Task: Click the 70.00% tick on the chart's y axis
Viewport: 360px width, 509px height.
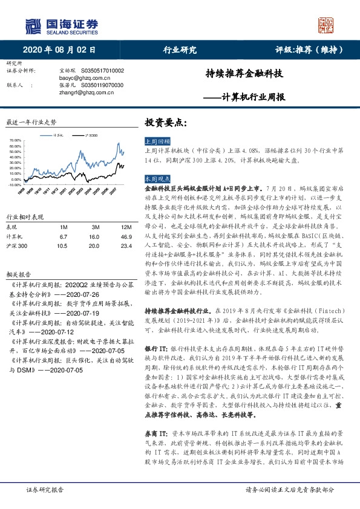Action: click(x=16, y=141)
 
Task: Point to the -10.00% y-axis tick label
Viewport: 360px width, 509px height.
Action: click(x=15, y=186)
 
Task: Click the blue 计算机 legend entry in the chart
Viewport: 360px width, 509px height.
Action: click(x=58, y=137)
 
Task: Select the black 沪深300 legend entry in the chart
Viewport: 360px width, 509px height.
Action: click(x=92, y=137)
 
